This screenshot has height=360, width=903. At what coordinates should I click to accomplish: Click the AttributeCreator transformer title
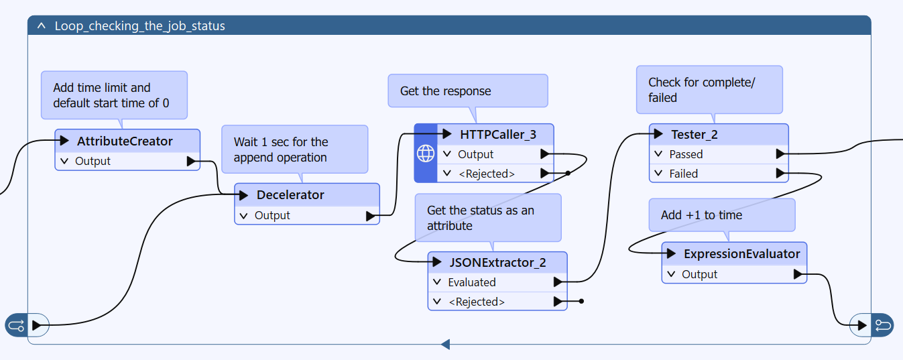coord(125,141)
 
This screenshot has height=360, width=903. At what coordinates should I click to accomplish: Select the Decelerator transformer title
coord(290,195)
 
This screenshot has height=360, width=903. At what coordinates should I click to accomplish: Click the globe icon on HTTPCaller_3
coord(426,154)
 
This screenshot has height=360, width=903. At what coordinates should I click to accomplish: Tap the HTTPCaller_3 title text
coord(498,134)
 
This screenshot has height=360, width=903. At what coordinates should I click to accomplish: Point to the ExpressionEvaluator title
coord(741,254)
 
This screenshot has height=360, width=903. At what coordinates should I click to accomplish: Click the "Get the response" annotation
coord(468,91)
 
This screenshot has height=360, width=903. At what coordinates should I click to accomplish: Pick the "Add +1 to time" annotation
coord(721,215)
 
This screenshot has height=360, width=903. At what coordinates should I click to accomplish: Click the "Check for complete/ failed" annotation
coord(709,90)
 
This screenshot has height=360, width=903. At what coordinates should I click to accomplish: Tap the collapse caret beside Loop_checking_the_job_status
coord(41,25)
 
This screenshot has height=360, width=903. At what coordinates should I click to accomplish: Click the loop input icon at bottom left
coord(17,325)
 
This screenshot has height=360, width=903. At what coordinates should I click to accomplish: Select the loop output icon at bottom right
coord(883,325)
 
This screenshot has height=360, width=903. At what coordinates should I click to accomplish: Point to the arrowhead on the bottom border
coord(445,345)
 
